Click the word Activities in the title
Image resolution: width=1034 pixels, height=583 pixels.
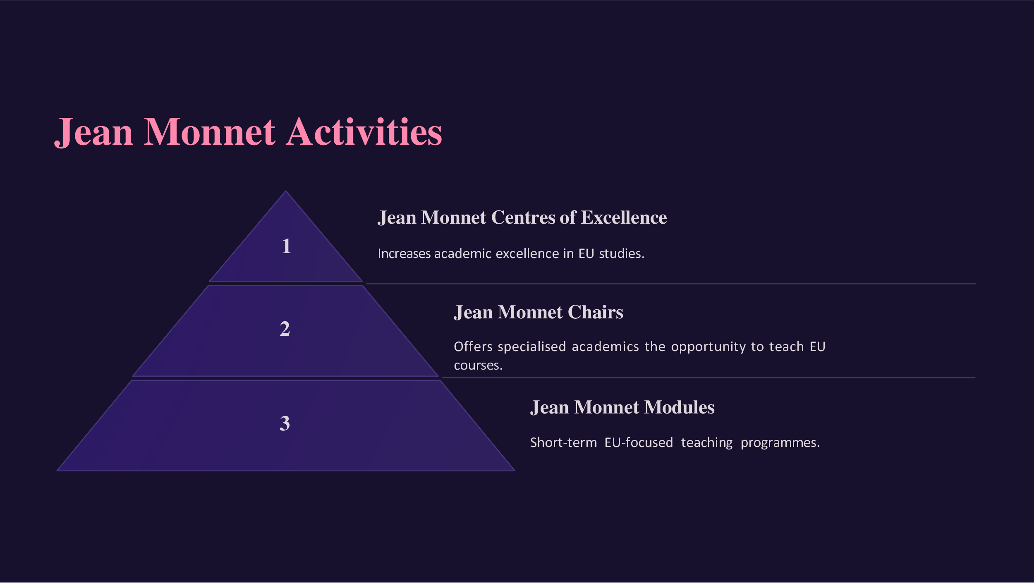[x=364, y=132]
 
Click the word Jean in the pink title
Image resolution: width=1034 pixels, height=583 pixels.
[x=94, y=133]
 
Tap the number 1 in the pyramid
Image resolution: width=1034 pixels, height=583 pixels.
[x=286, y=246]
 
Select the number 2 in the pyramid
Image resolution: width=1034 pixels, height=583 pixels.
[x=285, y=329]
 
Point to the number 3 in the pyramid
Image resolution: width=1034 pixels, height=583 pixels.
[x=285, y=423]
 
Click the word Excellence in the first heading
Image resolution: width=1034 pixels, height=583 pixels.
[x=624, y=217]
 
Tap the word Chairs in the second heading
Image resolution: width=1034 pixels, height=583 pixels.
[x=596, y=312]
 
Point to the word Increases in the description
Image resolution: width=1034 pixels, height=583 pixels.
[x=404, y=253]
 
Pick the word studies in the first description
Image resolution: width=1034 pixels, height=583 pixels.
[x=622, y=253]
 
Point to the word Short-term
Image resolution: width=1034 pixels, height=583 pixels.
[x=563, y=442]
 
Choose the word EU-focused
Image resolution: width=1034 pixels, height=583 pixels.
[x=639, y=442]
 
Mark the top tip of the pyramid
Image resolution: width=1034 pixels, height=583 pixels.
[x=285, y=191]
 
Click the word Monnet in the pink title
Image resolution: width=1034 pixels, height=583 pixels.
[x=209, y=132]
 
